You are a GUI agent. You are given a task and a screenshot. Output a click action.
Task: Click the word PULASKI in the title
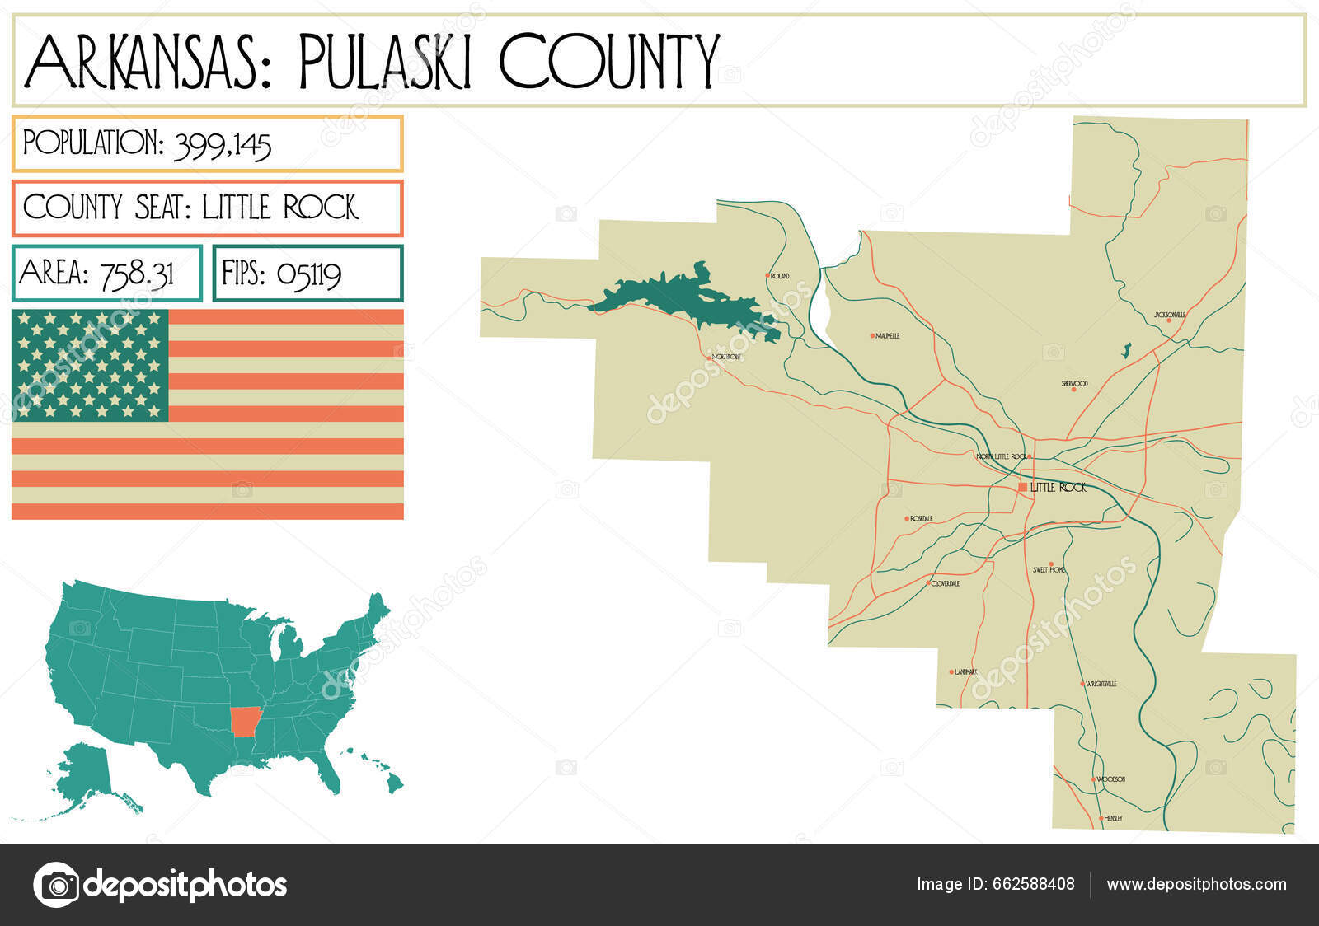click(386, 62)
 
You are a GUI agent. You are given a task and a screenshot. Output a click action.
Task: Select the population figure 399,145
click(223, 146)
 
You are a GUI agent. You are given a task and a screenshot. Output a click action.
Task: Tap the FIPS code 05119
click(309, 274)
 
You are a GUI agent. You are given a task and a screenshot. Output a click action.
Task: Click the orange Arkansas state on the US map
click(243, 721)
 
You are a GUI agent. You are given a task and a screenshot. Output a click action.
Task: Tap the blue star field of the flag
click(90, 365)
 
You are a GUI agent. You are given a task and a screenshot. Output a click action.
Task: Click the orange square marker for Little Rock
click(1023, 487)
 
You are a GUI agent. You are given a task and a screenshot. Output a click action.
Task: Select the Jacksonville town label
click(1170, 315)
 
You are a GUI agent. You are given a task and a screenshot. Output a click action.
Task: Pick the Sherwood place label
click(1074, 384)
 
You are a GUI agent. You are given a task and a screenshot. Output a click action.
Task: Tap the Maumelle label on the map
click(887, 336)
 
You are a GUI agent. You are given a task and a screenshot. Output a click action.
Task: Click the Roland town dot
click(767, 276)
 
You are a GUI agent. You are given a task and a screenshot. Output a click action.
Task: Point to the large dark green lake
click(684, 298)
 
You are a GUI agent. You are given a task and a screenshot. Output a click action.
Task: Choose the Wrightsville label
click(1101, 684)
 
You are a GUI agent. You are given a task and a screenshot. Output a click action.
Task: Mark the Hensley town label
click(1113, 818)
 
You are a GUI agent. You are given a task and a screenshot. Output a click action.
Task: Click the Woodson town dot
click(1094, 779)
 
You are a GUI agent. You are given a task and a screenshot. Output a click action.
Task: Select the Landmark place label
click(965, 672)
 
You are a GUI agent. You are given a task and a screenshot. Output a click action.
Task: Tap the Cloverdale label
click(945, 583)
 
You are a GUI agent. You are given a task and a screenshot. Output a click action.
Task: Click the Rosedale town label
click(921, 519)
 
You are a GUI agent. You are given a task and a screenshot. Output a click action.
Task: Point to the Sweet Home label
click(1049, 570)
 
